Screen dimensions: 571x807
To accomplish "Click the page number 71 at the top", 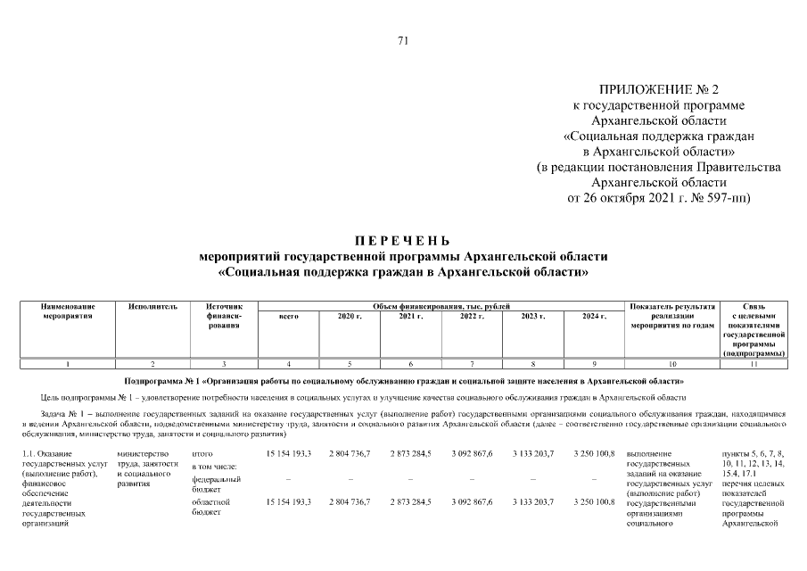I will pyautogui.click(x=402, y=40).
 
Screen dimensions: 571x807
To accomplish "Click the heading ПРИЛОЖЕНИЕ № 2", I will pyautogui.click(x=659, y=90).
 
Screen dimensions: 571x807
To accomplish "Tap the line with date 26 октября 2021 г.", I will pyautogui.click(x=659, y=197).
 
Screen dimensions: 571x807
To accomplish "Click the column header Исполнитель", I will pyautogui.click(x=152, y=307).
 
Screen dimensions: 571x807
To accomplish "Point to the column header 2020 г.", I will pyautogui.click(x=350, y=317).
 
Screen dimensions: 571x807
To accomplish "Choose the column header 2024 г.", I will pyautogui.click(x=594, y=317).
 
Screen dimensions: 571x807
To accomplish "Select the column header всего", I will pyautogui.click(x=288, y=317).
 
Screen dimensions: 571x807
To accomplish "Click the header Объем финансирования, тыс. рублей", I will pyautogui.click(x=441, y=307).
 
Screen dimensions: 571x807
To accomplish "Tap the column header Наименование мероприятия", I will pyautogui.click(x=68, y=311).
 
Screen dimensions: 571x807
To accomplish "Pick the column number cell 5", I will pyautogui.click(x=350, y=364).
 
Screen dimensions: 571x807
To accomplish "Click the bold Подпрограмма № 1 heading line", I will pyautogui.click(x=403, y=381).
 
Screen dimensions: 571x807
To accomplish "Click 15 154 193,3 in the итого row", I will pyautogui.click(x=288, y=454).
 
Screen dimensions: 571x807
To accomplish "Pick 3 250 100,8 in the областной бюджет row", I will pyautogui.click(x=594, y=502).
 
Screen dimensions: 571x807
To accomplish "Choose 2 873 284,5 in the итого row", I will pyautogui.click(x=410, y=454).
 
